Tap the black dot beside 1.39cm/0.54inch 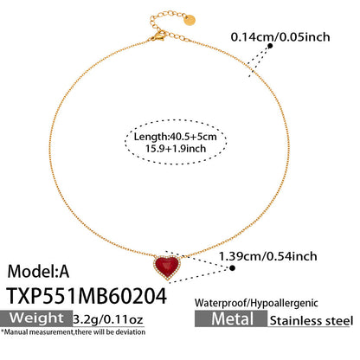235,267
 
